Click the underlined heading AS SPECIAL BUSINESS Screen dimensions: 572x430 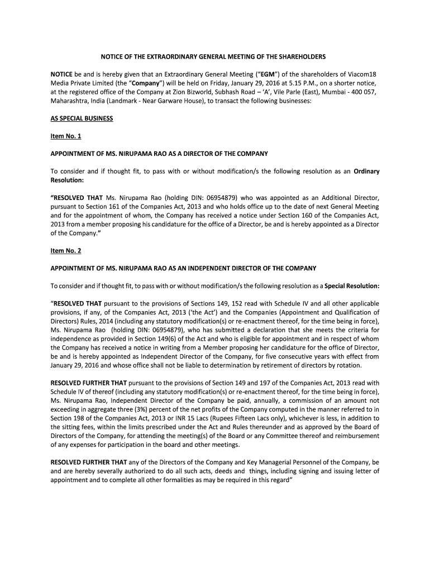(x=82, y=118)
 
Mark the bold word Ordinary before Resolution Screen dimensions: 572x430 (x=366, y=171)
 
